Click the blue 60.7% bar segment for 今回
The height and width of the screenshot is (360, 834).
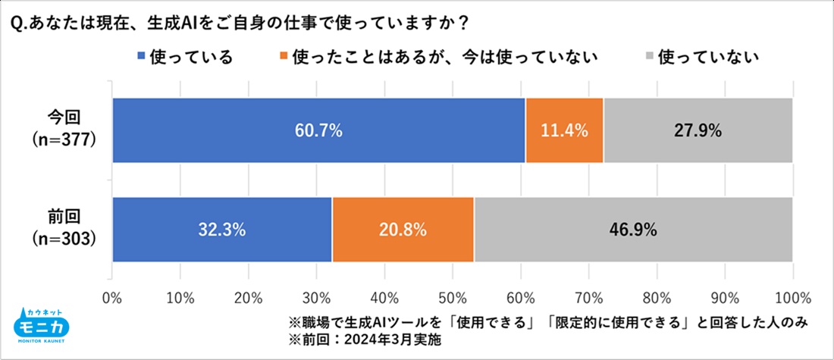click(x=318, y=130)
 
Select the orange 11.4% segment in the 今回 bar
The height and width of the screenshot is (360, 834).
click(x=564, y=130)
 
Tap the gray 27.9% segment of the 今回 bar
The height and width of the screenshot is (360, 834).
click(x=698, y=130)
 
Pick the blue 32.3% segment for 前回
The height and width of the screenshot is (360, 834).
click(x=222, y=230)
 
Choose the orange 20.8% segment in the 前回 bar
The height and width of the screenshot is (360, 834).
click(x=403, y=230)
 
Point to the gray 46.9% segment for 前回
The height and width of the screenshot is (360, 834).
click(x=633, y=230)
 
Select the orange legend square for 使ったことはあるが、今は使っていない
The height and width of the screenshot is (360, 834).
click(x=284, y=57)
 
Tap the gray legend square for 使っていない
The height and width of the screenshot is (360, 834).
click(x=648, y=57)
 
